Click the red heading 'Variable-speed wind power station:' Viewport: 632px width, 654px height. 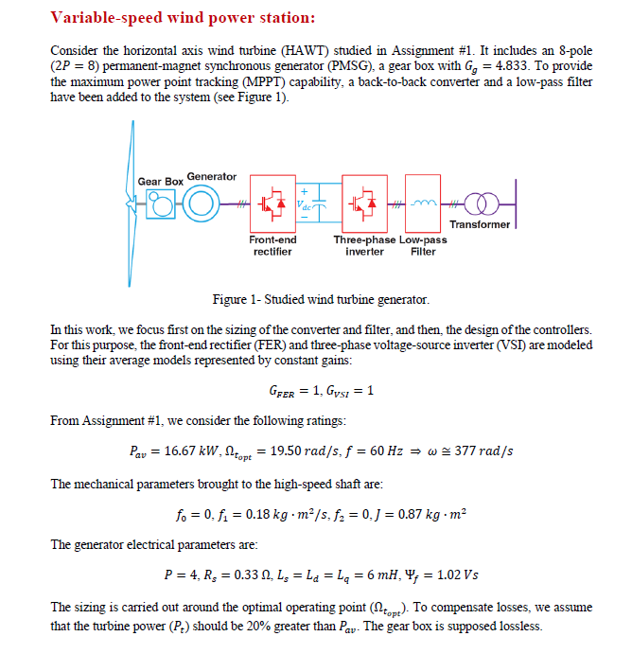point(183,18)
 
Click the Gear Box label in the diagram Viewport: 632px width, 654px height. point(161,181)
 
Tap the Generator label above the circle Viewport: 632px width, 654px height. point(212,176)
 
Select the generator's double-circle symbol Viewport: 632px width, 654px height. point(200,204)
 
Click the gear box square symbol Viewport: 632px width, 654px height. point(163,204)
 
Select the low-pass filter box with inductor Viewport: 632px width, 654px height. point(425,203)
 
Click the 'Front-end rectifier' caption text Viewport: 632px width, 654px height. point(272,245)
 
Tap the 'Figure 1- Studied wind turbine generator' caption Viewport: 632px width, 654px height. point(321,300)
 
